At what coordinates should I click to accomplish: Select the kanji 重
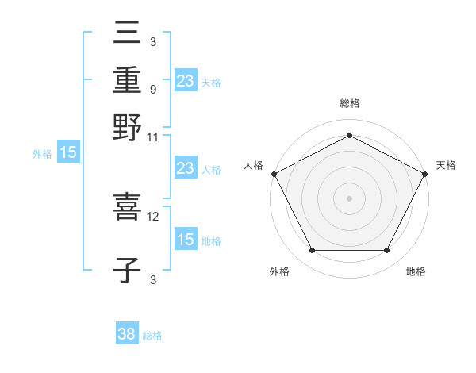pos(127,80)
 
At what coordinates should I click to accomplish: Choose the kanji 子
pos(127,271)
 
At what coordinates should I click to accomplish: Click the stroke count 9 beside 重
pos(153,89)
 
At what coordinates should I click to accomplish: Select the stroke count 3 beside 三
pos(153,41)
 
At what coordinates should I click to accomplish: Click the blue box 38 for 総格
pos(127,335)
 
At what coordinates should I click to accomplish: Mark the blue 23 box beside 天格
pos(186,80)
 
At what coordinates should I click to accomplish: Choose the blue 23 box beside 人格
pos(186,168)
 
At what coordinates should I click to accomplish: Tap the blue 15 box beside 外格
pos(68,153)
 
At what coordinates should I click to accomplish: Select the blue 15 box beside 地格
pos(186,240)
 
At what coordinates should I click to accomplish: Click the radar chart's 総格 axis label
pos(349,104)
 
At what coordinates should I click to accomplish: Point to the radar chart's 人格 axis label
pos(254,165)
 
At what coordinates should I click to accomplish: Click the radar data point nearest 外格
pos(312,251)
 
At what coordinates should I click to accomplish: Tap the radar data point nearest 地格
pos(387,251)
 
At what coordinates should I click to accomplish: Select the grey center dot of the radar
pos(349,198)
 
